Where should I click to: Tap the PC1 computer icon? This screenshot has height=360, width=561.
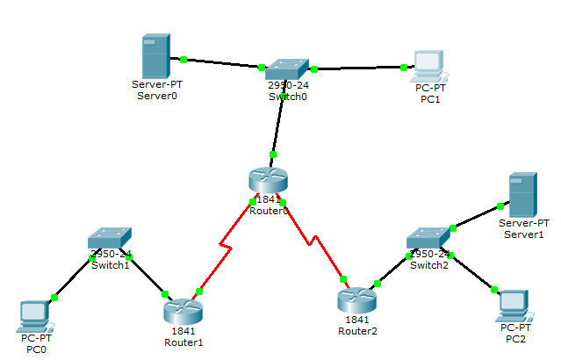coord(428,64)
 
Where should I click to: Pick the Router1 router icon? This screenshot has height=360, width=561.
coord(183,311)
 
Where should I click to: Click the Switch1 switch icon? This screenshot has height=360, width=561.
coord(110,240)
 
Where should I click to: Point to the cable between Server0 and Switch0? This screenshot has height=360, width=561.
coord(223,63)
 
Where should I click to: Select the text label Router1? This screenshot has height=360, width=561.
coord(183,342)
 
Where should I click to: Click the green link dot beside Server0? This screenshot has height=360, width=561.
coord(183,60)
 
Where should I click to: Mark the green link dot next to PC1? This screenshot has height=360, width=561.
coord(404,67)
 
